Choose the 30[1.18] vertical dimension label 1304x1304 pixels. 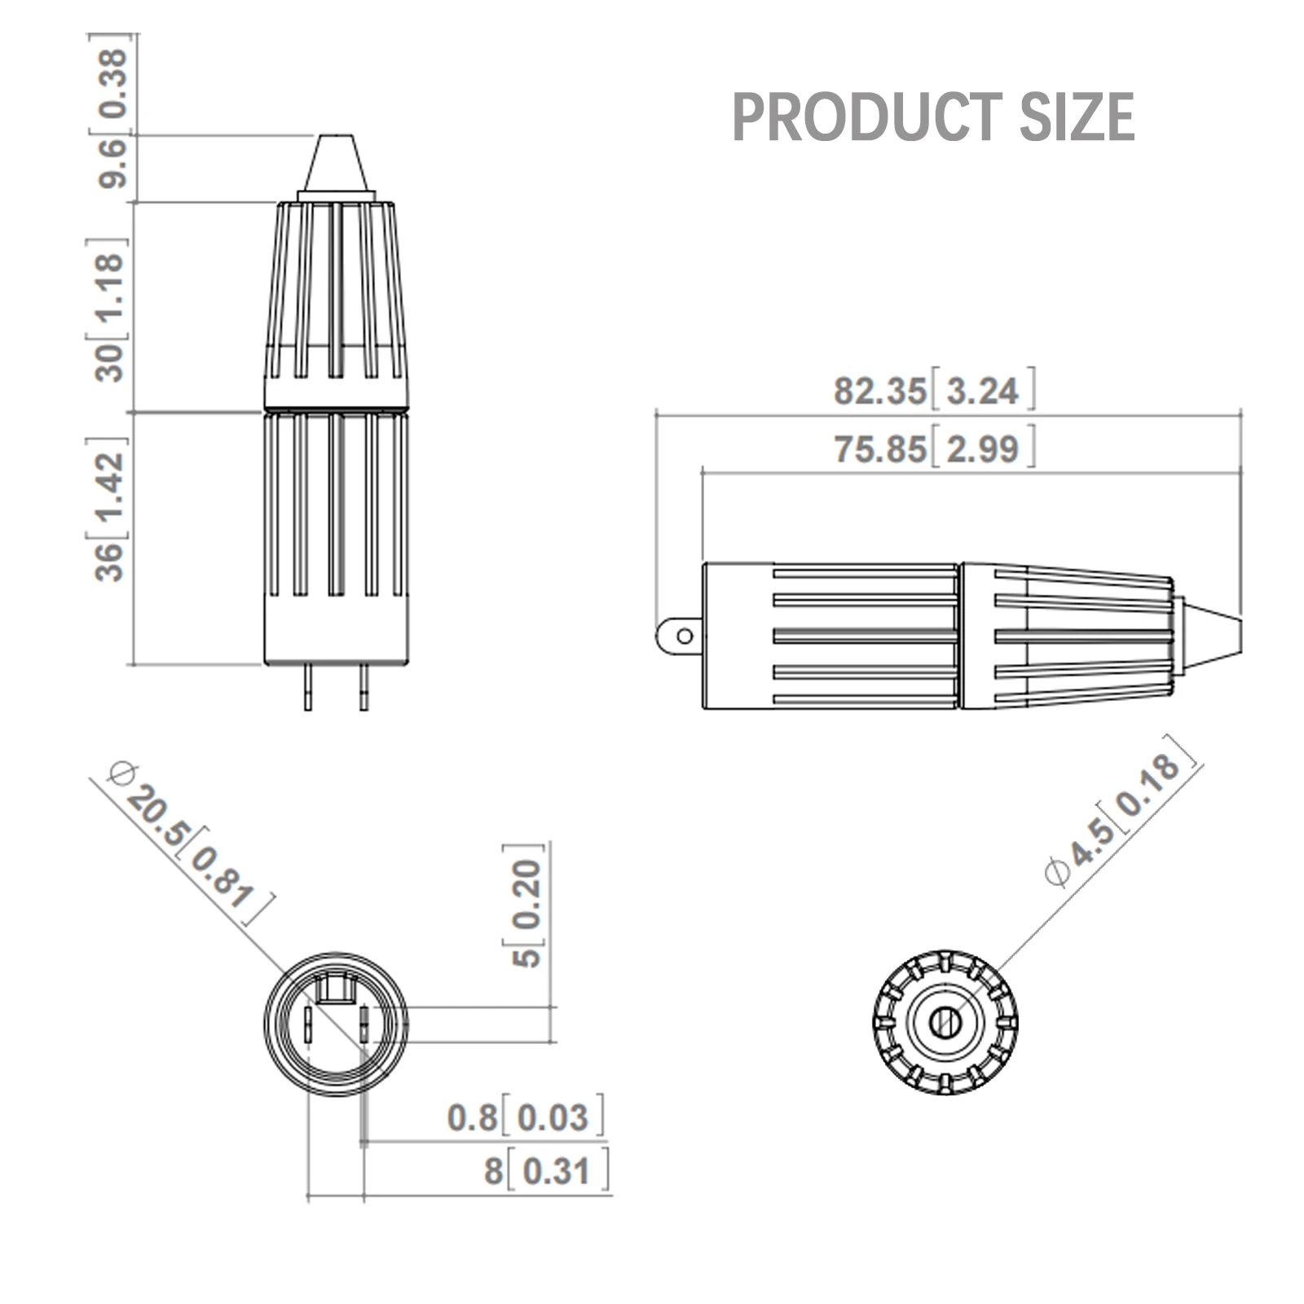point(108,311)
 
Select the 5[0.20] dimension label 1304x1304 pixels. point(526,905)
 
